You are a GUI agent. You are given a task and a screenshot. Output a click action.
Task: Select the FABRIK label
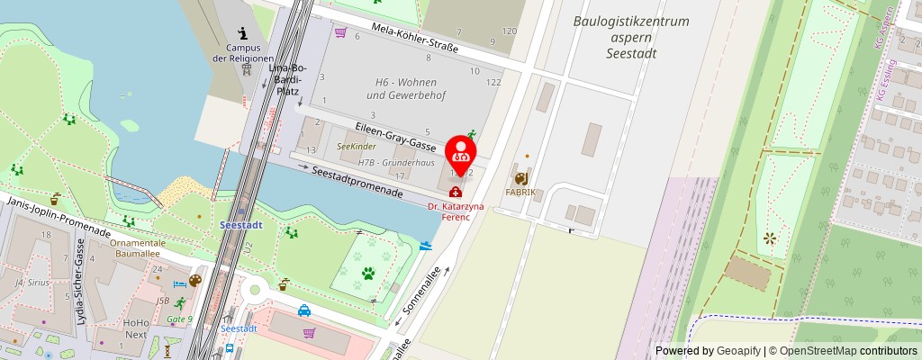click(520, 192)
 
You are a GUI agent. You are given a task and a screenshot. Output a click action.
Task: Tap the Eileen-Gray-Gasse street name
click(395, 134)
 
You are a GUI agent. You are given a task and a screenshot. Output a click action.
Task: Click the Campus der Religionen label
click(242, 53)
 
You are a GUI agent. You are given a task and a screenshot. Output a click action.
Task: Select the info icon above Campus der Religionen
click(242, 32)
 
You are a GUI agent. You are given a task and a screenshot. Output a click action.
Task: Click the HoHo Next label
click(136, 328)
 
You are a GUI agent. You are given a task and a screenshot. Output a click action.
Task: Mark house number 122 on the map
click(493, 82)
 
